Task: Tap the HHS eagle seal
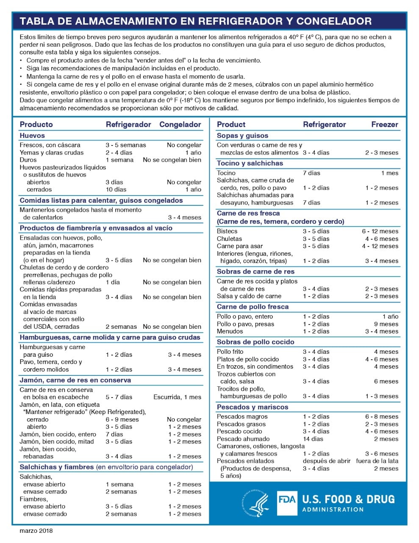click(x=256, y=503)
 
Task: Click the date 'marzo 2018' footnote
click(x=36, y=530)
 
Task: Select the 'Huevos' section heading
click(x=32, y=136)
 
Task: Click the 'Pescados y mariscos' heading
click(x=253, y=407)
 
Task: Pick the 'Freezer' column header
click(x=385, y=125)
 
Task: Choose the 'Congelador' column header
click(x=180, y=125)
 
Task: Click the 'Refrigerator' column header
click(x=324, y=125)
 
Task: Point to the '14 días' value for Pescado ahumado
click(x=313, y=439)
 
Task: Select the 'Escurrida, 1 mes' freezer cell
click(x=177, y=397)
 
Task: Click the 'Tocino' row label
click(x=226, y=173)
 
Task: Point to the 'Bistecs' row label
click(x=227, y=231)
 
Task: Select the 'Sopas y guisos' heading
click(x=242, y=136)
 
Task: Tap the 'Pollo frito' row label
click(x=230, y=352)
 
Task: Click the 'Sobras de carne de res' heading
click(x=255, y=271)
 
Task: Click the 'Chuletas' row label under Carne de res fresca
click(x=229, y=239)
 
